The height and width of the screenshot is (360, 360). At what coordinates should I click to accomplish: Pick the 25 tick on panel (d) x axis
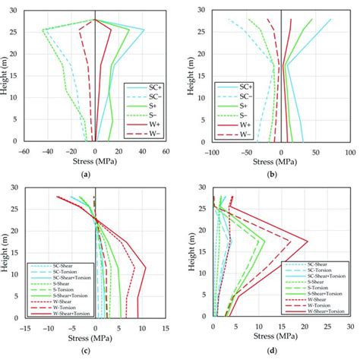[x=327, y=329]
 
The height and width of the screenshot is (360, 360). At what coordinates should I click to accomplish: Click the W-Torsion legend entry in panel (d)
[x=319, y=304]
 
